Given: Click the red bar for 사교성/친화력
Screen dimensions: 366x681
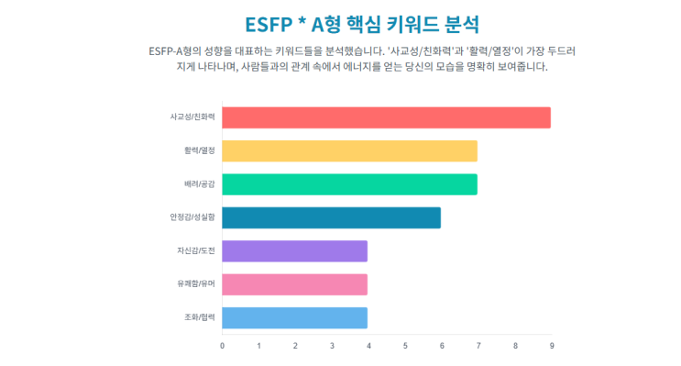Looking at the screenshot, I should coord(386,117).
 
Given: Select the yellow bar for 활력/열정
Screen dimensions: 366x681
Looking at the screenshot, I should coord(349,151).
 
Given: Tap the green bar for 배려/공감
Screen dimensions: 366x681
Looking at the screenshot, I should coord(349,184).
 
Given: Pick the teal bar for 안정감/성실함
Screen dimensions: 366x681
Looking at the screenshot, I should coord(331,217).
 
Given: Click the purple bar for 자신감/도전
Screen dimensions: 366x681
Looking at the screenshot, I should coord(294,251).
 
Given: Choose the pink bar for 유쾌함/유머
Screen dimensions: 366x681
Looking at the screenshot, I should coord(294,284).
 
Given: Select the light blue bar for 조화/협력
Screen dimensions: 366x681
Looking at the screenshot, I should coord(294,317).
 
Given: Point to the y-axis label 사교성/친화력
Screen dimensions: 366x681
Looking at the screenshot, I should coord(192,117).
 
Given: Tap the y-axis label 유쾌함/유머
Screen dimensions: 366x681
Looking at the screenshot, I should coord(195,284).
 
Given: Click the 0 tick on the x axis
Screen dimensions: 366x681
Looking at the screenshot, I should coord(222,346).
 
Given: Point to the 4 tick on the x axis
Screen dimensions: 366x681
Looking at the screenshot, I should coord(368,346).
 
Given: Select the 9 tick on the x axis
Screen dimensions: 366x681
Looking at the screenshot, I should coord(551,346).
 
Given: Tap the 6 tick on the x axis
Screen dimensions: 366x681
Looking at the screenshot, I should coord(442,346).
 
